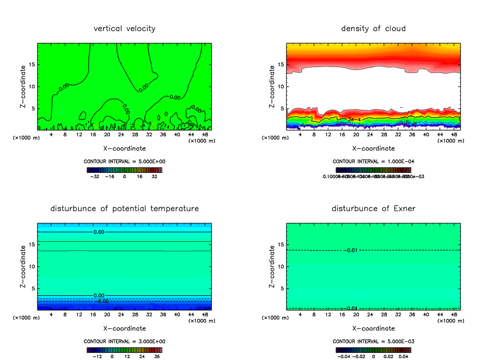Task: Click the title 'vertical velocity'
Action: [x=124, y=29]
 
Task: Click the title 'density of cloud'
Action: [x=373, y=29]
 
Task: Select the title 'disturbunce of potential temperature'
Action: [x=124, y=208]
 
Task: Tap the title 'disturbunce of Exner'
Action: [x=373, y=208]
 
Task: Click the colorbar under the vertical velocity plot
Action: [x=124, y=170]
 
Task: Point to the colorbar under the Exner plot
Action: [x=373, y=350]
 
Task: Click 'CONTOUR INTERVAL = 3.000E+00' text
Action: [x=124, y=341]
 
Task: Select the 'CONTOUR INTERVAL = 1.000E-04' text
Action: [x=373, y=162]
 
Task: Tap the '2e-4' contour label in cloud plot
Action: [x=354, y=119]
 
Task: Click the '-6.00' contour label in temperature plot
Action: [x=101, y=301]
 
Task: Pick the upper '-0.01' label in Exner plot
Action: [x=350, y=250]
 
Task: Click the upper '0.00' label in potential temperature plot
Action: [x=99, y=232]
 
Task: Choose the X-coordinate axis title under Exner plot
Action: [x=373, y=328]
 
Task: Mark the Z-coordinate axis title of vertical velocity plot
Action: [x=23, y=86]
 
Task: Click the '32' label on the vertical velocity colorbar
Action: [x=154, y=176]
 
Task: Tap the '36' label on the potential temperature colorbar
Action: [x=156, y=356]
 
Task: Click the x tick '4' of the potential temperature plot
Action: [x=51, y=314]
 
